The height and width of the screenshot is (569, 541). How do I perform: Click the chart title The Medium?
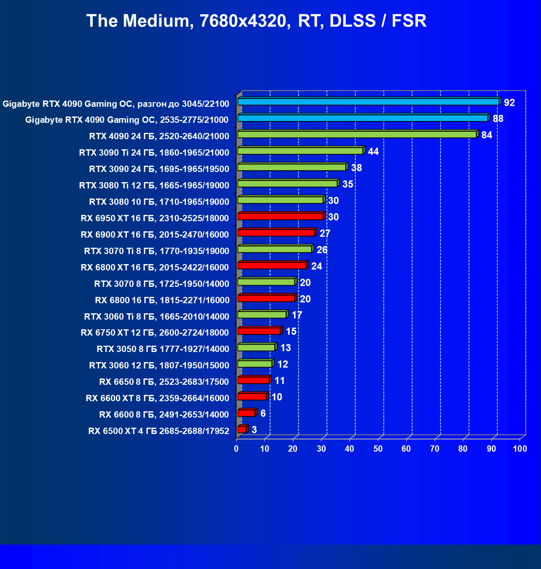click(x=256, y=21)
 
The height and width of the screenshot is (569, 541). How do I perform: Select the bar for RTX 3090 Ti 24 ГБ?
click(x=300, y=151)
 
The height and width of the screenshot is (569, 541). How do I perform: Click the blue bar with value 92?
click(x=368, y=102)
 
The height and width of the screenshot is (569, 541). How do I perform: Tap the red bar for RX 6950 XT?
click(x=280, y=217)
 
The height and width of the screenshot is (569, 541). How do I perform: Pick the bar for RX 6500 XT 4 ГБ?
click(x=242, y=429)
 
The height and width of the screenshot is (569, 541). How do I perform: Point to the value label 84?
click(x=486, y=135)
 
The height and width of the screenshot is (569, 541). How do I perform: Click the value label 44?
click(x=373, y=151)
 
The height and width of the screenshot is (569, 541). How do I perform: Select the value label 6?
click(x=263, y=413)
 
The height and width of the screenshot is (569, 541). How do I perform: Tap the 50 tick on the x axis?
click(x=378, y=449)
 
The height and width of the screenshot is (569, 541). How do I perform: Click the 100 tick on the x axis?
click(x=520, y=449)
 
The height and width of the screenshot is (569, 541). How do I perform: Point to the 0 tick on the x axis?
click(x=236, y=449)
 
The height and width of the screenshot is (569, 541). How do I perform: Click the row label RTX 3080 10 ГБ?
click(x=159, y=202)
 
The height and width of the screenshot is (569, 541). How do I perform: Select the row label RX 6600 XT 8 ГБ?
click(x=158, y=398)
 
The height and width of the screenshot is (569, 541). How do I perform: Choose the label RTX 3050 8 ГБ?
click(x=163, y=349)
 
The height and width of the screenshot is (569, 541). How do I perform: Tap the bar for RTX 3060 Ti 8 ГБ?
click(x=262, y=315)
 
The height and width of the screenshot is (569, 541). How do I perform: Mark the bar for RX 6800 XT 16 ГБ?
click(x=272, y=266)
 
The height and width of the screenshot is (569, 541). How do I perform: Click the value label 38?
click(x=356, y=168)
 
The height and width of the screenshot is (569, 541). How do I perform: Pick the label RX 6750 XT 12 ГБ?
click(x=155, y=333)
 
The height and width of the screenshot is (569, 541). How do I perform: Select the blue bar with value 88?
click(x=362, y=118)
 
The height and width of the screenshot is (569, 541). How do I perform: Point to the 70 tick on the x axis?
click(x=435, y=449)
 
